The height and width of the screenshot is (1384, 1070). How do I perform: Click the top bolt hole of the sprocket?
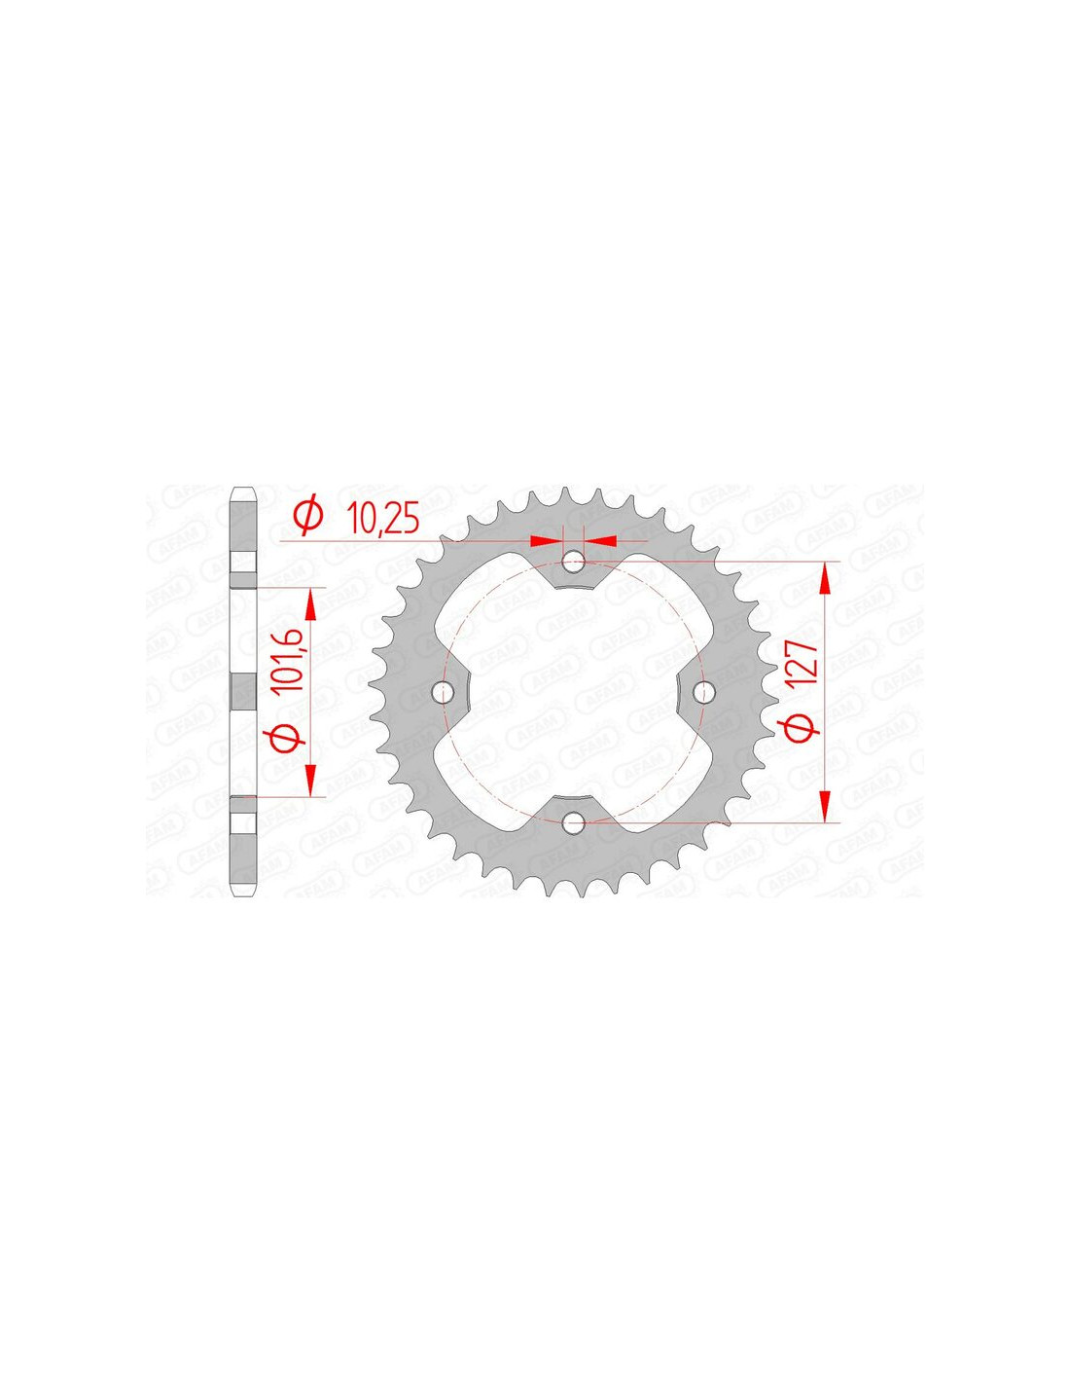[574, 562]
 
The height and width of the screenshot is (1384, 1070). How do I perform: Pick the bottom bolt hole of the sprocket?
[574, 822]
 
